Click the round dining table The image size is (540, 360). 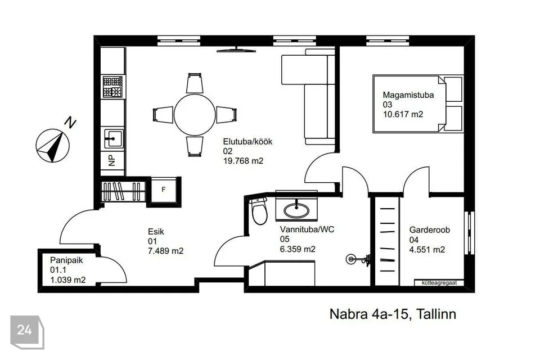point(195,115)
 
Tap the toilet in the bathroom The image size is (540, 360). point(259,211)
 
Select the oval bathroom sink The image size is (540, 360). point(296,210)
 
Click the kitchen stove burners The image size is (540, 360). point(112,87)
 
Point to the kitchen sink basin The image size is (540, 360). point(112,138)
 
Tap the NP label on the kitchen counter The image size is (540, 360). point(111,160)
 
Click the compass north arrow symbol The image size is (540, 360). point(53,146)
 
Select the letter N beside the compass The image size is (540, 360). point(70,123)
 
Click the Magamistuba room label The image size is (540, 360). point(408,95)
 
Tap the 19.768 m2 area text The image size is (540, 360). point(243,161)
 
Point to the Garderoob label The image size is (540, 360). point(429,229)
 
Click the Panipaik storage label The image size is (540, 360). point(66,260)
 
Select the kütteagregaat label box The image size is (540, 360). point(439,283)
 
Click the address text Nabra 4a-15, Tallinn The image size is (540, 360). point(393,314)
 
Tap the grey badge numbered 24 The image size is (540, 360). point(27,332)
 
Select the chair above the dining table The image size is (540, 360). point(195,83)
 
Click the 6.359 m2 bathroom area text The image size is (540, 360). point(298,249)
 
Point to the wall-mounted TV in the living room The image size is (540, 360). point(236,50)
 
